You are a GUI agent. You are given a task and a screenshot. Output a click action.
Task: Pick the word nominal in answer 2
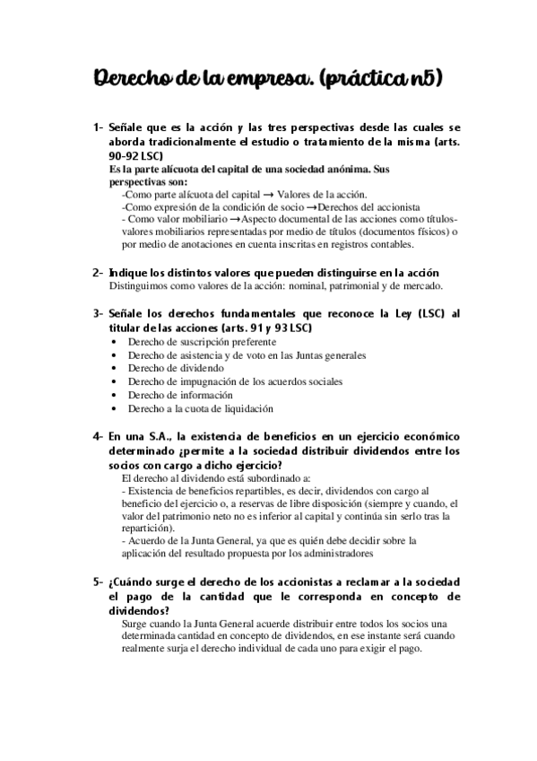coord(303,286)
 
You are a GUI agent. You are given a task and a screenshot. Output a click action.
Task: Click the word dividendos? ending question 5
coord(144,610)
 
